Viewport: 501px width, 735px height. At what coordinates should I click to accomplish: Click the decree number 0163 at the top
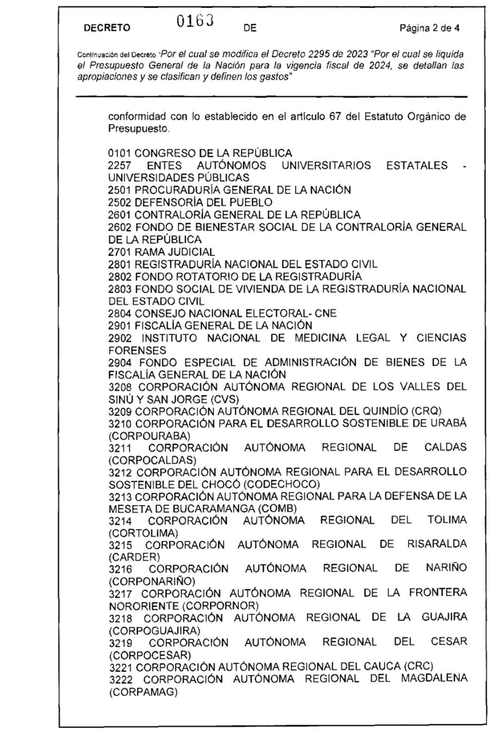pyautogui.click(x=195, y=21)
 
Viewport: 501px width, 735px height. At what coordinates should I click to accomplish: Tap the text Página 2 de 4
pyautogui.click(x=429, y=28)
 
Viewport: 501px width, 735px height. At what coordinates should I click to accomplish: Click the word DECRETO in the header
pyautogui.click(x=107, y=28)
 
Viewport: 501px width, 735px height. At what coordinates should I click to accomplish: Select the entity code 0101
pyautogui.click(x=120, y=153)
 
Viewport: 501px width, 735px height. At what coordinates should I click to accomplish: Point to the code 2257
pyautogui.click(x=119, y=166)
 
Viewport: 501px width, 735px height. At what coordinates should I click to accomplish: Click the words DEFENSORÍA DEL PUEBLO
pyautogui.click(x=203, y=202)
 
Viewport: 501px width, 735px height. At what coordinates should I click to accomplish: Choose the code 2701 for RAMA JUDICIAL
pyautogui.click(x=120, y=252)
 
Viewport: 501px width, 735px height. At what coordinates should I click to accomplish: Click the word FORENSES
pyautogui.click(x=137, y=351)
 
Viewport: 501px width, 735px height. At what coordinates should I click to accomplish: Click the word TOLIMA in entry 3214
pyautogui.click(x=447, y=520)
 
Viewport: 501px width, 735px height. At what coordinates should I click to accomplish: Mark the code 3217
pyautogui.click(x=121, y=594)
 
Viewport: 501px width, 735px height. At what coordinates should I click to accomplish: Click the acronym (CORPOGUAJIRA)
pyautogui.click(x=154, y=631)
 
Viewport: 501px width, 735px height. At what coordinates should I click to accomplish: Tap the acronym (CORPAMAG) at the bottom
pyautogui.click(x=143, y=692)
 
